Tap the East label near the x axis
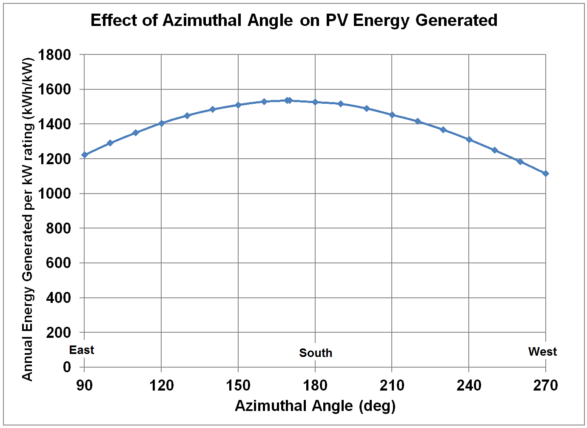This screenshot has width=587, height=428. coord(82,350)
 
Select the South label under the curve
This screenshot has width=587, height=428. coord(315,353)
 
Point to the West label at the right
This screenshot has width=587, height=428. coord(542,351)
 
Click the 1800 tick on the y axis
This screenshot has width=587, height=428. coord(54,55)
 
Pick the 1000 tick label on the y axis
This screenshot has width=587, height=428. coord(54,194)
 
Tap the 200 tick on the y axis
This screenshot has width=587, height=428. coord(58,332)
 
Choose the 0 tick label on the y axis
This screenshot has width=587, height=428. coord(67,367)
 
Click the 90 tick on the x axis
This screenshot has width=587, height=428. coord(84,385)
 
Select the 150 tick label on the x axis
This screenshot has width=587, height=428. coord(238,385)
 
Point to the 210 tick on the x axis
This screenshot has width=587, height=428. coord(392,385)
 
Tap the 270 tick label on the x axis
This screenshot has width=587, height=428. coord(545,385)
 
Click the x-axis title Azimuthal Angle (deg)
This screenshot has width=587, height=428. coord(315,406)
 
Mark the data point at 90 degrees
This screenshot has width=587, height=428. coord(85,155)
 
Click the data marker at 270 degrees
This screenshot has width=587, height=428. coord(546,174)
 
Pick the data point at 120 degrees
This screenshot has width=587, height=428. coord(161,123)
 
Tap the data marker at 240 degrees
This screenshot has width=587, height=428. coord(469,140)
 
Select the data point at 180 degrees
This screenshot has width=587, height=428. coord(315,102)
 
